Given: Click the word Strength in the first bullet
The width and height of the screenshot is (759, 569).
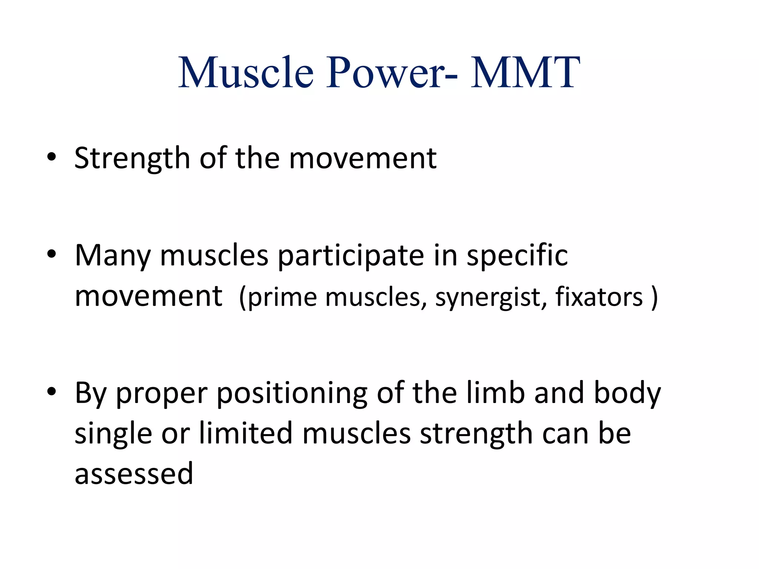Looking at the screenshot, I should click(x=132, y=159).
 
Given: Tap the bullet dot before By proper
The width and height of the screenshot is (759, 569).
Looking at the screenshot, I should click(x=52, y=391).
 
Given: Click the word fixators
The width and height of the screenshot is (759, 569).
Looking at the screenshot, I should click(x=599, y=297).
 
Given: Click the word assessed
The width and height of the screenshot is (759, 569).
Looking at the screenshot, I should click(x=134, y=474).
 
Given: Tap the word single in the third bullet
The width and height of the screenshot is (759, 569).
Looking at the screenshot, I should click(x=113, y=434).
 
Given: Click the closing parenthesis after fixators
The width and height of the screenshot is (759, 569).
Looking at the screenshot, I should click(x=654, y=297).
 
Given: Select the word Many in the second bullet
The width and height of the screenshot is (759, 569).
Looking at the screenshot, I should click(x=113, y=256).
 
